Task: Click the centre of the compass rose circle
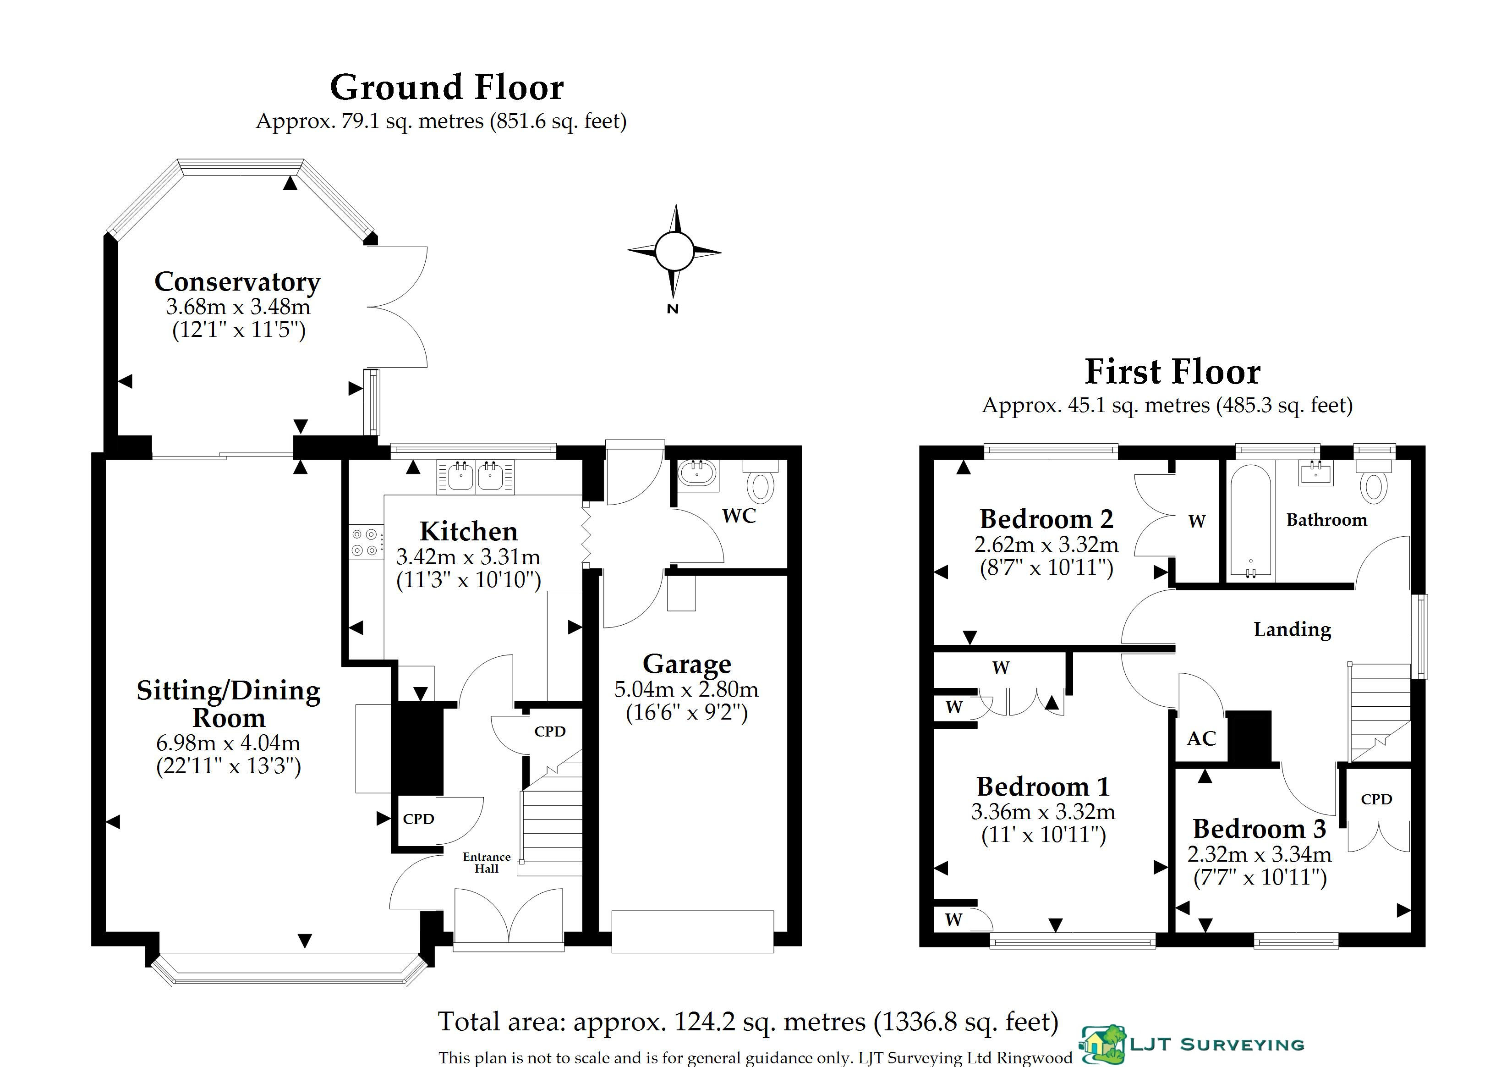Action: point(674,251)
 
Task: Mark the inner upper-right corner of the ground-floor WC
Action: point(788,459)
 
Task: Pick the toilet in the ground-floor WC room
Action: point(761,480)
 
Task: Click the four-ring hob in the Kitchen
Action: point(365,541)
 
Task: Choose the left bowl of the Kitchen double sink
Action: point(461,476)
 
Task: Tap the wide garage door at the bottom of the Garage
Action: point(692,931)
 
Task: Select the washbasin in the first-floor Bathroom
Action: point(1316,473)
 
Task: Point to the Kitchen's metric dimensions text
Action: point(468,557)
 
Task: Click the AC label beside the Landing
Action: point(1201,738)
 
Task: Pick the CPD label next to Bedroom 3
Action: point(1376,799)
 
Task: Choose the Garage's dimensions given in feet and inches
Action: point(687,713)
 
